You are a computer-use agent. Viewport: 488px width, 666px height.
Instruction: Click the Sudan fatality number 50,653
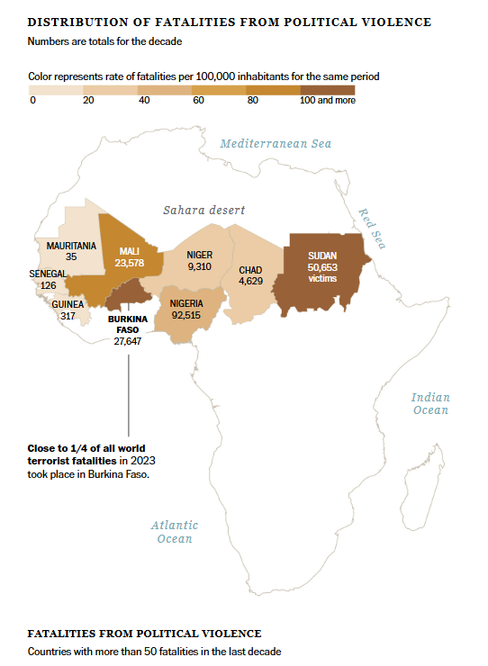tap(322, 267)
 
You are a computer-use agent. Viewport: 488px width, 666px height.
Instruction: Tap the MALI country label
tap(129, 251)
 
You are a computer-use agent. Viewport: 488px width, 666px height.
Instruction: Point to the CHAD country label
tap(249, 270)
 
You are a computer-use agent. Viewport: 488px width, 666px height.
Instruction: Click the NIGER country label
tap(199, 256)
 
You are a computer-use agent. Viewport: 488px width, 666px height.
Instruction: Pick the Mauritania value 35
tap(71, 256)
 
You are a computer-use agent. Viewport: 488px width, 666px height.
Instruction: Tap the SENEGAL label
tap(48, 273)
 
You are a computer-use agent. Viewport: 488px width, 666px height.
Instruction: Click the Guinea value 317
tap(67, 316)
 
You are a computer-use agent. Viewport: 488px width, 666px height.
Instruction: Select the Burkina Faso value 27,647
tap(128, 342)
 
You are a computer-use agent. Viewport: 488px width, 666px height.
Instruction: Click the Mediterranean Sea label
tap(276, 144)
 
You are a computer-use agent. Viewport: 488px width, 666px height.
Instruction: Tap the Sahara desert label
tap(203, 210)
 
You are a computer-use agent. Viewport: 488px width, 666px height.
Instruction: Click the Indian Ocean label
tap(430, 404)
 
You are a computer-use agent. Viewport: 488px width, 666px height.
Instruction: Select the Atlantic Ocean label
tap(175, 532)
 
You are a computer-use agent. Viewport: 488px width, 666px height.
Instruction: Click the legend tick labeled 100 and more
tap(327, 100)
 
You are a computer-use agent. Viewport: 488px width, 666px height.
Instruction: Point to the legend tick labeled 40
tap(144, 100)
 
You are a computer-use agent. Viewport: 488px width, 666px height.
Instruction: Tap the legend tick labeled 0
tap(32, 100)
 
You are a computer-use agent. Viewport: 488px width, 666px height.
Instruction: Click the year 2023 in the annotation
tap(142, 461)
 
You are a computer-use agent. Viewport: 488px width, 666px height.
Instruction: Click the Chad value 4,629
tap(250, 282)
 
